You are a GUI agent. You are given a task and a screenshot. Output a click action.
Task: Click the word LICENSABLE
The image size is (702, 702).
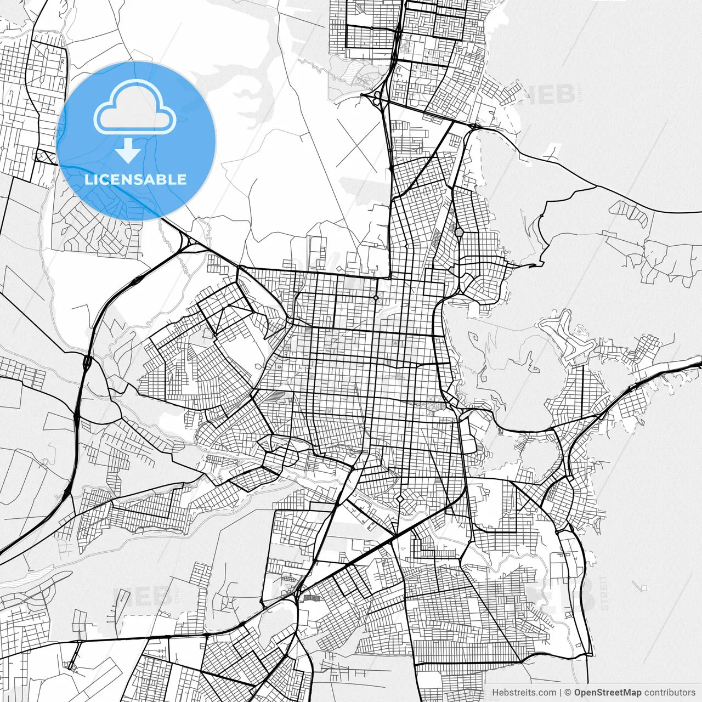click(135, 179)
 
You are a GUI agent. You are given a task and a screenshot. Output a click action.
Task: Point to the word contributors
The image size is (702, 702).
click(670, 693)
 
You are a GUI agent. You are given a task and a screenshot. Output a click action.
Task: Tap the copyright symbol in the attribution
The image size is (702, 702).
click(568, 693)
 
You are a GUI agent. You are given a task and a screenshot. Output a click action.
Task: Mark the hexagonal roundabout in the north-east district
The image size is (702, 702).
click(459, 233)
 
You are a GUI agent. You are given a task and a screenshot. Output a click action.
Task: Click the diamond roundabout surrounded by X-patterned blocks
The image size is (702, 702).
click(376, 298)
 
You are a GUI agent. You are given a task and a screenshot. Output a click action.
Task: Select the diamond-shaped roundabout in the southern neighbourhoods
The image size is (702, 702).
click(400, 499)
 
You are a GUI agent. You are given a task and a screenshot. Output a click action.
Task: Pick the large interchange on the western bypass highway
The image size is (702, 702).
click(87, 362)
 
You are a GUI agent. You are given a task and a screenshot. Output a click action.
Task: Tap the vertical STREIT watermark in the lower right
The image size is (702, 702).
click(604, 592)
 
